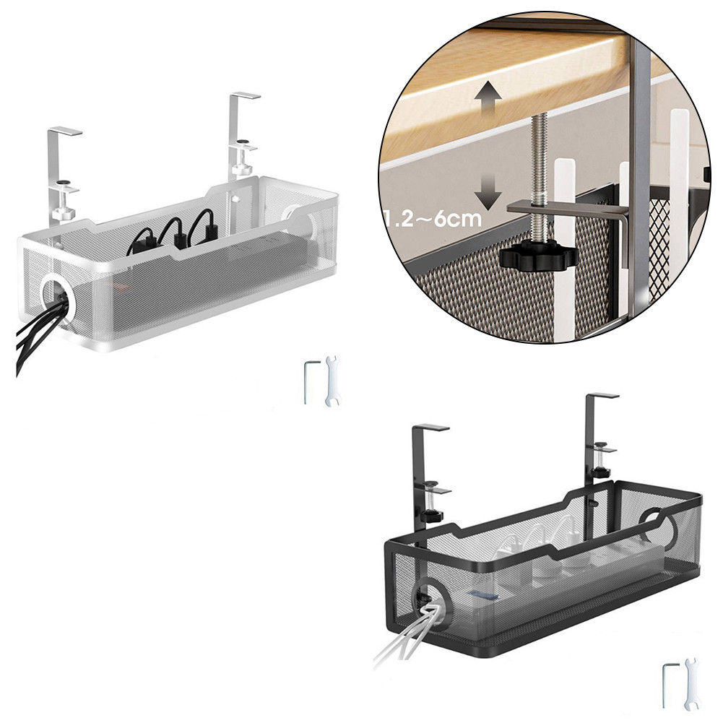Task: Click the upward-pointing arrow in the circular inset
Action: (x=490, y=98)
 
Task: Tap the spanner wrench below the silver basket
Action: (x=332, y=381)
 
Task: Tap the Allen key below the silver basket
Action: (x=308, y=381)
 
